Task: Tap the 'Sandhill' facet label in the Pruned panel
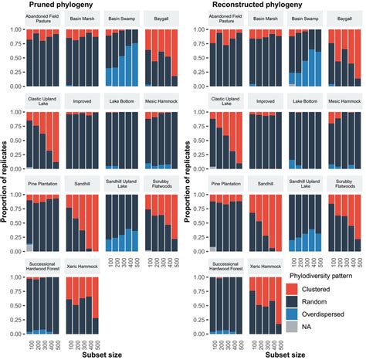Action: click(x=82, y=183)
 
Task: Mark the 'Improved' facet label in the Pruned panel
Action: click(x=82, y=100)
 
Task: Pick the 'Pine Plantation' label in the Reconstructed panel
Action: click(x=219, y=183)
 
